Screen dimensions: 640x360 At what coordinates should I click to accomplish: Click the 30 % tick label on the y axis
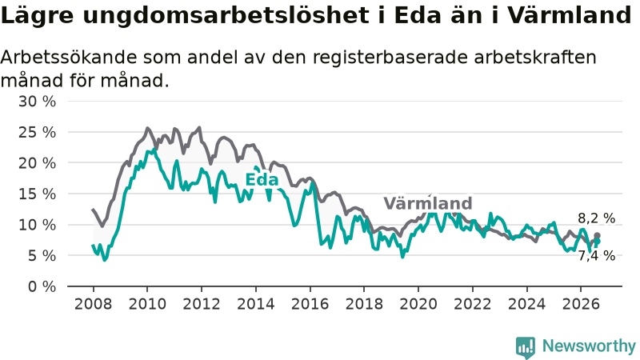pos(37,102)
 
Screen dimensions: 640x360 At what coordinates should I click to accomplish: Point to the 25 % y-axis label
pos(37,132)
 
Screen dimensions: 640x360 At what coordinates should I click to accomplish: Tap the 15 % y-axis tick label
pos(37,194)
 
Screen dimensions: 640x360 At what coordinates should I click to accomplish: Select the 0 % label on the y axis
pos(42,286)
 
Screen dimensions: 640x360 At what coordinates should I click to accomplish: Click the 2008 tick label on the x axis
pos(93,304)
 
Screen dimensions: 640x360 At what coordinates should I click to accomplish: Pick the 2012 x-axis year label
pos(202,304)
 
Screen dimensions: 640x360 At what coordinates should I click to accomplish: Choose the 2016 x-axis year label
pos(310,304)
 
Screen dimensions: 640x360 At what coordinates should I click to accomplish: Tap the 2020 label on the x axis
pos(418,304)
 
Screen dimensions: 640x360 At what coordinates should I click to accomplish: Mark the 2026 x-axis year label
pos(581,304)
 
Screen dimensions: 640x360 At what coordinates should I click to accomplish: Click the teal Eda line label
pos(262,179)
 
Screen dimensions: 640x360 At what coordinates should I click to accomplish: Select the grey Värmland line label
pos(428,203)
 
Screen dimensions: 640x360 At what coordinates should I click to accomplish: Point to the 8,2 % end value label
pos(596,218)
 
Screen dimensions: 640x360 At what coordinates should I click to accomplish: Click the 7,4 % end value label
pos(596,255)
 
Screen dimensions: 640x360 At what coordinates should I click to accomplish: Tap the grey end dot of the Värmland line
pos(597,235)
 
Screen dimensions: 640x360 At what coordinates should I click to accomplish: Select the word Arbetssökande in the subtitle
pos(68,57)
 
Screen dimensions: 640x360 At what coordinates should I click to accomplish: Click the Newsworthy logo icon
pos(526,347)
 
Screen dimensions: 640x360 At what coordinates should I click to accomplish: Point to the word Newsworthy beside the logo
pos(589,346)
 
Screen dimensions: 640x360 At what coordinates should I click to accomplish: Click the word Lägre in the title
pos(38,16)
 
